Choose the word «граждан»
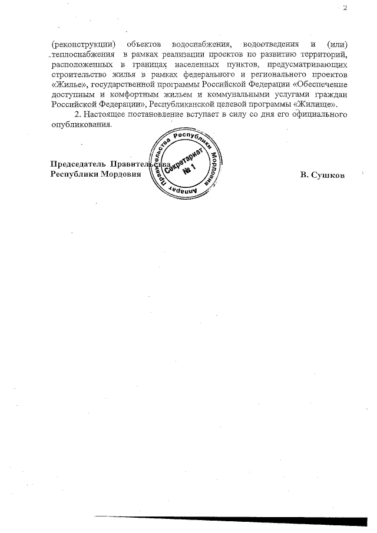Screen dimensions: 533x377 click(330, 93)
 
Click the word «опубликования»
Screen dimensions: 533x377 click(80, 124)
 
